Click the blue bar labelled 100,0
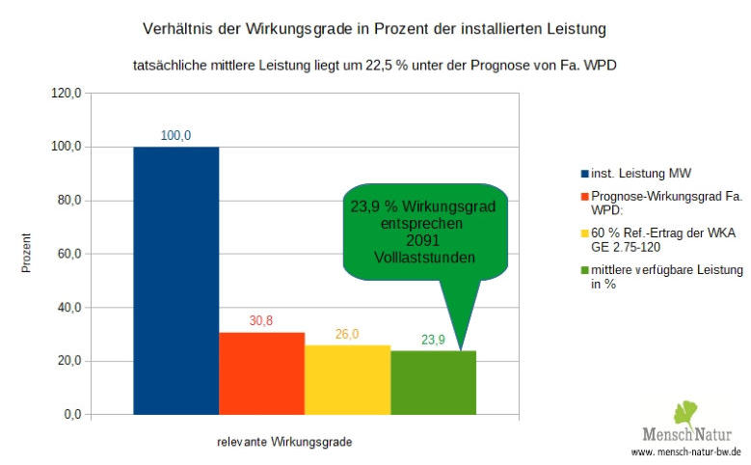(x=175, y=280)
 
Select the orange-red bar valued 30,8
(x=261, y=373)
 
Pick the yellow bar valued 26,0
(x=347, y=379)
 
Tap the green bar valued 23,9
(x=433, y=383)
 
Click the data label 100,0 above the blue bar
(x=175, y=136)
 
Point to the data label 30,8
(x=261, y=321)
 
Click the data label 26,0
(x=347, y=334)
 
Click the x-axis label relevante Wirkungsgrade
(x=283, y=442)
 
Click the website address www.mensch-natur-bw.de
(x=685, y=451)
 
